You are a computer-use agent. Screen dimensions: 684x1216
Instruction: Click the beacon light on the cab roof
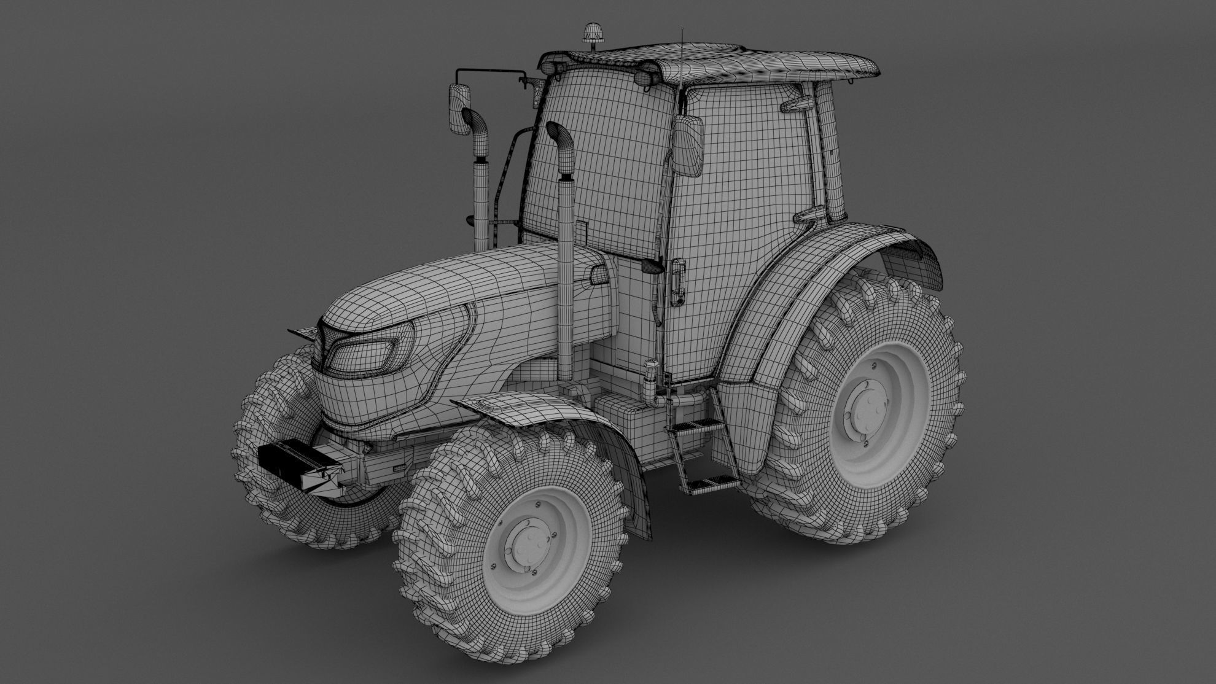pos(593,33)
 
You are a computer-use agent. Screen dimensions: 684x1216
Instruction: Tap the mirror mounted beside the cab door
pos(689,145)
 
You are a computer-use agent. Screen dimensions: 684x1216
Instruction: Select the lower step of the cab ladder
pos(712,483)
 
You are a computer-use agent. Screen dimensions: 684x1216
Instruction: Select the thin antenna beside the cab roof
pos(681,55)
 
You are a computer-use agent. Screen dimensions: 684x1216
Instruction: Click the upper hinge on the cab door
pos(797,104)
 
